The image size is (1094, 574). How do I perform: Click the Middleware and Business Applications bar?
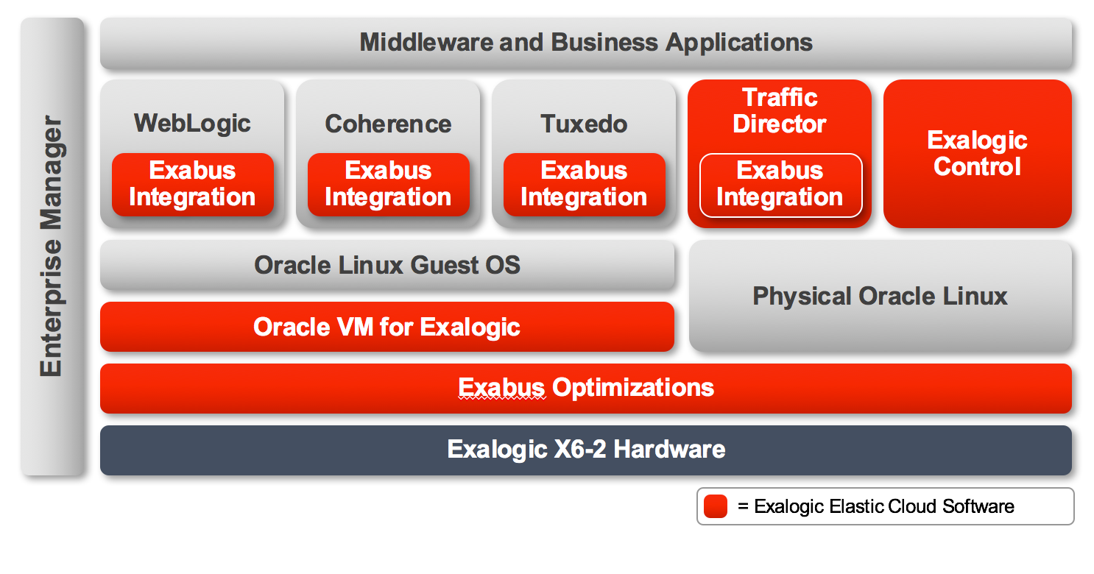pyautogui.click(x=586, y=43)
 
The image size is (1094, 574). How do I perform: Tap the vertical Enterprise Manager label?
pyautogui.click(x=52, y=246)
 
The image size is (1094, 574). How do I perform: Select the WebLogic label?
pyautogui.click(x=192, y=123)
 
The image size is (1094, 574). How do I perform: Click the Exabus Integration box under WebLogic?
pyautogui.click(x=192, y=185)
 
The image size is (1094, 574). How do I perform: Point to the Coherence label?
pyautogui.click(x=388, y=124)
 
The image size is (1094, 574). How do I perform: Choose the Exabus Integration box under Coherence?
pyautogui.click(x=388, y=185)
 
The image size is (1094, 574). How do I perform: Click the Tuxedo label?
pyautogui.click(x=584, y=124)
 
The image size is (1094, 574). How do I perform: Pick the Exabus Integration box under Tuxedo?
pyautogui.click(x=584, y=185)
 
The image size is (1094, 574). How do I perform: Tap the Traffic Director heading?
pyautogui.click(x=780, y=111)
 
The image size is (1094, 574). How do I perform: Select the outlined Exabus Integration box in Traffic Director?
pyautogui.click(x=780, y=185)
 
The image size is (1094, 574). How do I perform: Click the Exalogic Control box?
pyautogui.click(x=977, y=154)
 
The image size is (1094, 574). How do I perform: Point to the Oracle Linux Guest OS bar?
pyautogui.click(x=387, y=265)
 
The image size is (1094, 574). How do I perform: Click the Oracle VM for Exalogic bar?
pyautogui.click(x=387, y=327)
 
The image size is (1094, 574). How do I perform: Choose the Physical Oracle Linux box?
pyautogui.click(x=881, y=296)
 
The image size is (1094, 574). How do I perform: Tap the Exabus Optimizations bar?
pyautogui.click(x=586, y=389)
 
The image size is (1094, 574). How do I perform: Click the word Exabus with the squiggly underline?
pyautogui.click(x=501, y=388)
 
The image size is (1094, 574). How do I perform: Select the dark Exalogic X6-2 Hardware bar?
pyautogui.click(x=586, y=450)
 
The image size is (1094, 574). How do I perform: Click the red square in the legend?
pyautogui.click(x=716, y=506)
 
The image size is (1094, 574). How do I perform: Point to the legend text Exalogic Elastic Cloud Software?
pyautogui.click(x=884, y=506)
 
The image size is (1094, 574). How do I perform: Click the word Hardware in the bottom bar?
pyautogui.click(x=669, y=449)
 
